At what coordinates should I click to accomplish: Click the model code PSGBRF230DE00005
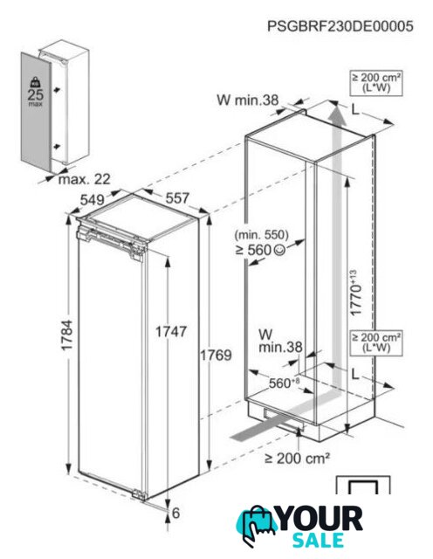[x=340, y=26]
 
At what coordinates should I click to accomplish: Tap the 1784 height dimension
[x=66, y=335]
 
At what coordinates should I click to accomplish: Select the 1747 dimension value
[x=171, y=332]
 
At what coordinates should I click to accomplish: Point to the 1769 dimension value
[x=216, y=355]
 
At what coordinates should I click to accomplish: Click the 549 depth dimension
[x=92, y=200]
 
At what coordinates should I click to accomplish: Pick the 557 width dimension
[x=177, y=198]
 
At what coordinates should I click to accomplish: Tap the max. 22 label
[x=85, y=179]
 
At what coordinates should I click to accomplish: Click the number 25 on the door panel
[x=35, y=94]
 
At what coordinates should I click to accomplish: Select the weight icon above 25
[x=35, y=82]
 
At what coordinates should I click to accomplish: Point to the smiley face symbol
[x=279, y=250]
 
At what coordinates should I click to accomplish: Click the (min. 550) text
[x=261, y=235]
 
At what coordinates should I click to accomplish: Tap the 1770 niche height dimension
[x=355, y=293]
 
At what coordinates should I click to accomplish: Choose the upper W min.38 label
[x=248, y=100]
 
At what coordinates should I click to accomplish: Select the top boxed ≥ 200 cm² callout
[x=376, y=83]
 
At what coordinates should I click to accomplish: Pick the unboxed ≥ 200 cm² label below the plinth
[x=297, y=458]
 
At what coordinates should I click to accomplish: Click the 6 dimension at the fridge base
[x=175, y=513]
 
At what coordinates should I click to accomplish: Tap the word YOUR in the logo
[x=320, y=519]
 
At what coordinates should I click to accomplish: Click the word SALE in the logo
[x=319, y=540]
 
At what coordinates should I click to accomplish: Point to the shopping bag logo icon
[x=255, y=526]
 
